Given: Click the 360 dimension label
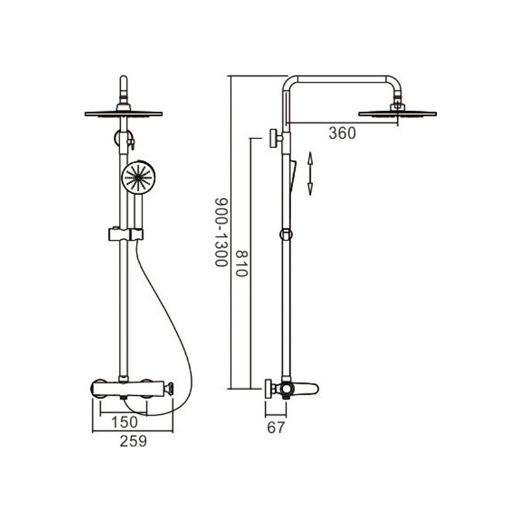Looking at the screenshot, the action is [342, 133].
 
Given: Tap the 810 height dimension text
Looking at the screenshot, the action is [241, 264].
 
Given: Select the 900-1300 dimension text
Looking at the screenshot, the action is [221, 233].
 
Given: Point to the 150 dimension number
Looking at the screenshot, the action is [124, 422].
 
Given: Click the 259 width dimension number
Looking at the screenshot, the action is [133, 441].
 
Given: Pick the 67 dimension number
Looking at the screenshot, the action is [276, 428].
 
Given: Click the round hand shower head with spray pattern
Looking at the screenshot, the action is [138, 177].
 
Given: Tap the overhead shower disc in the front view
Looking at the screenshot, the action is [123, 114].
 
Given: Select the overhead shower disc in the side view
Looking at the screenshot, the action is [397, 114].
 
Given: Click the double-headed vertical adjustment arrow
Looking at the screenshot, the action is [310, 174].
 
